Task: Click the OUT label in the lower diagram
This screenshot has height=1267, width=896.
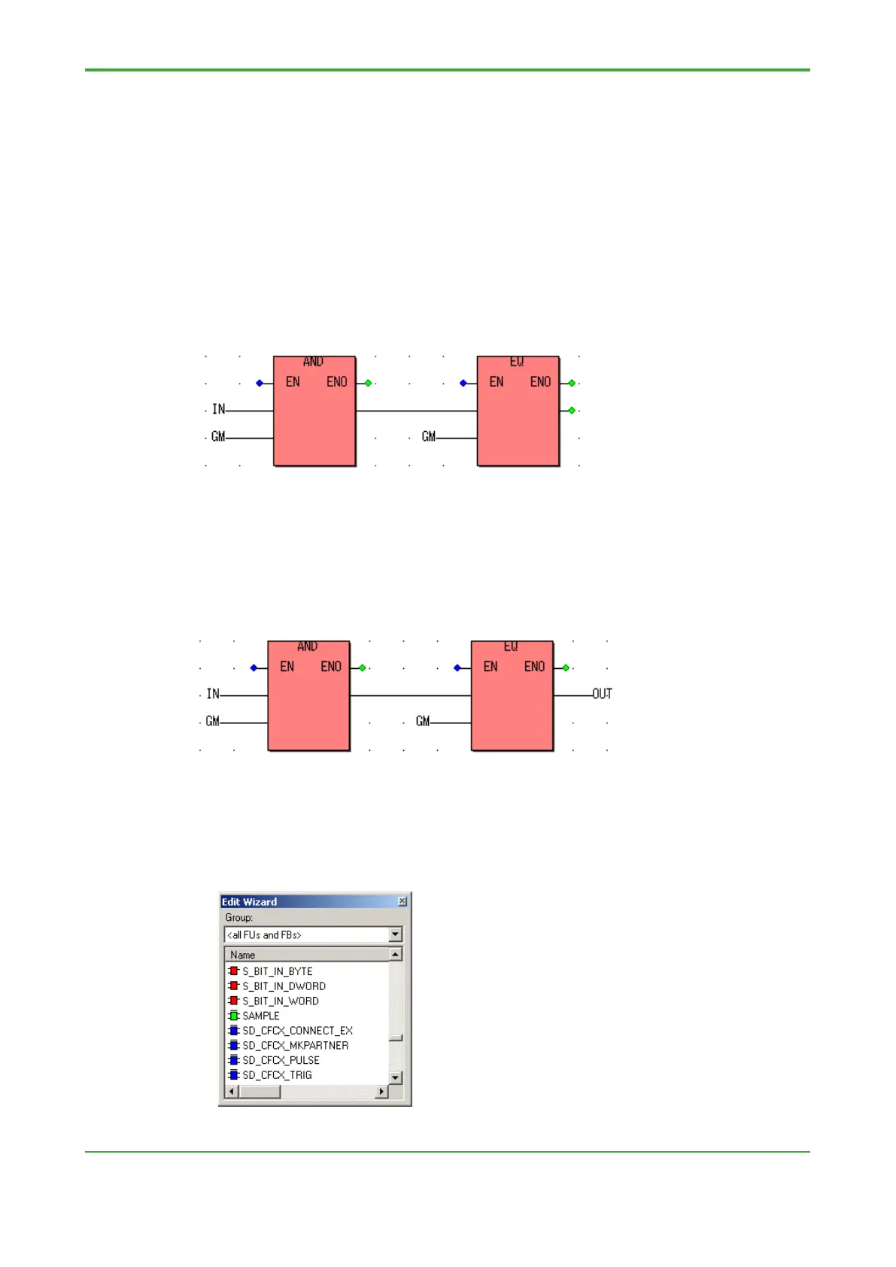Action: (x=602, y=694)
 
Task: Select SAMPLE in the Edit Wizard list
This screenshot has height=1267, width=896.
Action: (x=260, y=1016)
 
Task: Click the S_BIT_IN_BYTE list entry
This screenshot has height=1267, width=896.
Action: (x=277, y=971)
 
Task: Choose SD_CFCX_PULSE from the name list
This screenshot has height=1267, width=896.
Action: (x=281, y=1060)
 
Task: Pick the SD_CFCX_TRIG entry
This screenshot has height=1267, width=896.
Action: (x=277, y=1075)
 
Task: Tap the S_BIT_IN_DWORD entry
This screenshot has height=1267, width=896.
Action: (x=284, y=986)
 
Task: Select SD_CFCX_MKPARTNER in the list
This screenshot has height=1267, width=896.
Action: (x=295, y=1046)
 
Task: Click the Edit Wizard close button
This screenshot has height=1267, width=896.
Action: (x=402, y=901)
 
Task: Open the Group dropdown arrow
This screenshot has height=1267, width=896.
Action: (x=396, y=934)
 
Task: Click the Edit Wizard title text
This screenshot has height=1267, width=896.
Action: (x=249, y=902)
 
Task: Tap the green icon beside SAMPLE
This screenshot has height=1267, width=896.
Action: (x=234, y=1016)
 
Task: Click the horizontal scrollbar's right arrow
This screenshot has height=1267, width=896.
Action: (x=382, y=1092)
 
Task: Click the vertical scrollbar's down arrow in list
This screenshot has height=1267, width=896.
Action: (x=396, y=1077)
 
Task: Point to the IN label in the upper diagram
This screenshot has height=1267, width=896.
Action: (x=218, y=409)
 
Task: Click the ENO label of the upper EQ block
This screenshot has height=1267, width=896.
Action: (x=540, y=382)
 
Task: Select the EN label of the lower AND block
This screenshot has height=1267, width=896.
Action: (x=287, y=667)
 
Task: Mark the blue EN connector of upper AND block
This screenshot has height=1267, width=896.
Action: (x=260, y=383)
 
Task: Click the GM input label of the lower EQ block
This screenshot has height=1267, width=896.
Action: (x=423, y=722)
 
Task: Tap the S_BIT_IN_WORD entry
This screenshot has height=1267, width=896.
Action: (x=280, y=1001)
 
